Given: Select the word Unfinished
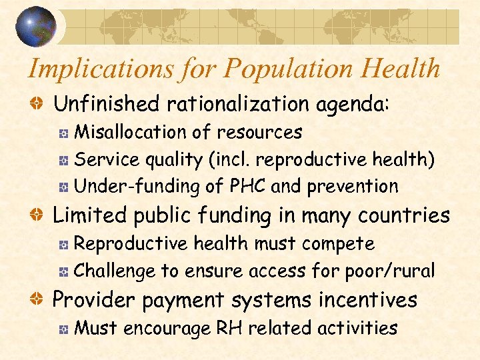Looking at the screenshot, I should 107,104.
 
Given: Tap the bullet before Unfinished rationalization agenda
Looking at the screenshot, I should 41,105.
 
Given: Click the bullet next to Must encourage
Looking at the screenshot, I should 63,329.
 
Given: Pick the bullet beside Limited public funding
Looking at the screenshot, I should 41,216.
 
